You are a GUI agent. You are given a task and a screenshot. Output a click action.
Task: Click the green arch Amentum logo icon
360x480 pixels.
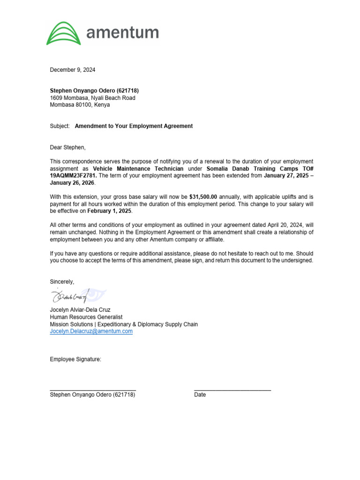64,33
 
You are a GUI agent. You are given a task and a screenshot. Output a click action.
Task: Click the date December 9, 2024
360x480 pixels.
73,70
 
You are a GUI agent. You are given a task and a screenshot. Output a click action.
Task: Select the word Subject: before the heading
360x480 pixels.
60,126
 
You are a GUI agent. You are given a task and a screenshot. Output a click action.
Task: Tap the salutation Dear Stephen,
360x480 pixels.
68,147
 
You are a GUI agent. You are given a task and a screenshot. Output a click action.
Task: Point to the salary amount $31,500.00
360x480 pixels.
203,197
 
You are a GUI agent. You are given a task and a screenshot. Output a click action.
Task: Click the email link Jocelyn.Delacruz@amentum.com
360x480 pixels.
91,331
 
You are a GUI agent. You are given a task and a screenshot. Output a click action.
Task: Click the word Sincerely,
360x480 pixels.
62,282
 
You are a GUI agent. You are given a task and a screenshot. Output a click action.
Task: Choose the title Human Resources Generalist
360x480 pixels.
86,317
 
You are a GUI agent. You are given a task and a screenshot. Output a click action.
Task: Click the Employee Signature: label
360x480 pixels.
75,360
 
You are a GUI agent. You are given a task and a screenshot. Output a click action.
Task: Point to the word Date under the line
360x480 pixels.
200,395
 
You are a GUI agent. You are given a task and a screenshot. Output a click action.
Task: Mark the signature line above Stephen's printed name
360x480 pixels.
93,390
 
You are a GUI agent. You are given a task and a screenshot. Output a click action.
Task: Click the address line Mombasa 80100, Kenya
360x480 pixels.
80,105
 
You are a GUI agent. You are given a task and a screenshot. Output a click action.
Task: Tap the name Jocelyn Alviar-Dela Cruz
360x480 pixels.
80,310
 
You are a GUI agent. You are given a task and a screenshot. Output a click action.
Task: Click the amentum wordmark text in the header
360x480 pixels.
123,33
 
